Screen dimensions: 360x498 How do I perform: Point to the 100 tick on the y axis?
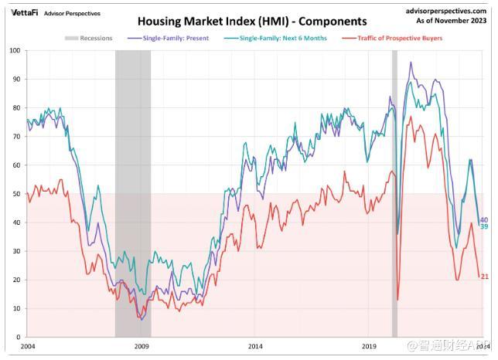(x=14, y=50)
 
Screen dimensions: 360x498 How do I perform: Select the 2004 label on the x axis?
(x=28, y=347)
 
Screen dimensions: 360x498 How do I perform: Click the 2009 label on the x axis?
(x=142, y=347)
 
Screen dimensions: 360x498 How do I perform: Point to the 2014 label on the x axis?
(x=256, y=347)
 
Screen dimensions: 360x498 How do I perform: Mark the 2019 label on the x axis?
(x=370, y=347)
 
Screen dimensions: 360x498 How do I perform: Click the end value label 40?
(x=484, y=220)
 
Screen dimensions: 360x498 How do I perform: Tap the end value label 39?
(x=484, y=227)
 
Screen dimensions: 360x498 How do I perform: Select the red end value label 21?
(x=484, y=277)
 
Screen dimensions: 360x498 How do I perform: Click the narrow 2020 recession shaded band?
(x=394, y=193)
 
